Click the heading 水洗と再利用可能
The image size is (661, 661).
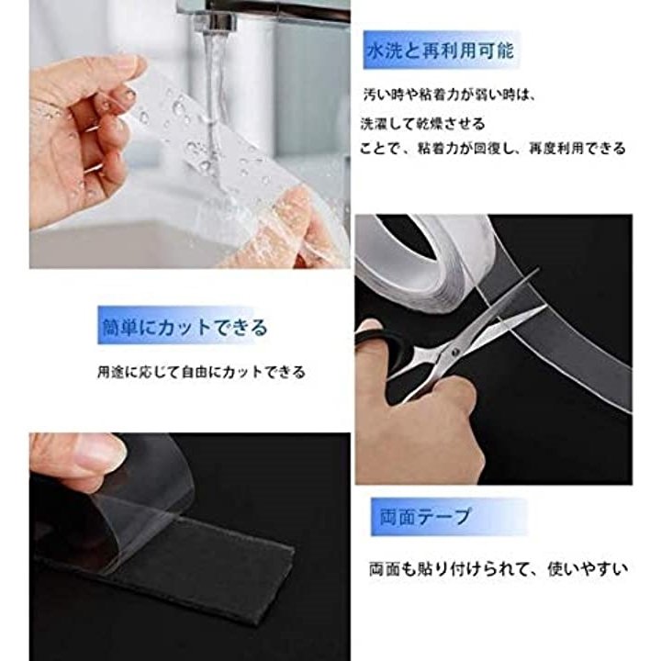point(441,51)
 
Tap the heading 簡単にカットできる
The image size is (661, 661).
point(185,327)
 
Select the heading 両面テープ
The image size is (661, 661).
point(425,516)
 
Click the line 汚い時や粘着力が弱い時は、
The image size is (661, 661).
point(449,95)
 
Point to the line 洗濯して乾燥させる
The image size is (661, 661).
point(423,124)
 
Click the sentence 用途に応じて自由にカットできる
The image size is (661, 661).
point(201,372)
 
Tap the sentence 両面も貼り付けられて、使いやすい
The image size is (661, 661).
point(499,569)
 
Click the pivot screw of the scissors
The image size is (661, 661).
point(454,351)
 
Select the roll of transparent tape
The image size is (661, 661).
point(421,262)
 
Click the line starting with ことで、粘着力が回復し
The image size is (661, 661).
point(492,149)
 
